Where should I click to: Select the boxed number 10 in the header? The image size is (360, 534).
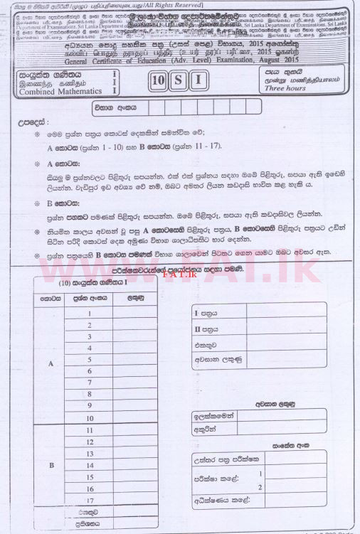(x=159, y=79)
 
